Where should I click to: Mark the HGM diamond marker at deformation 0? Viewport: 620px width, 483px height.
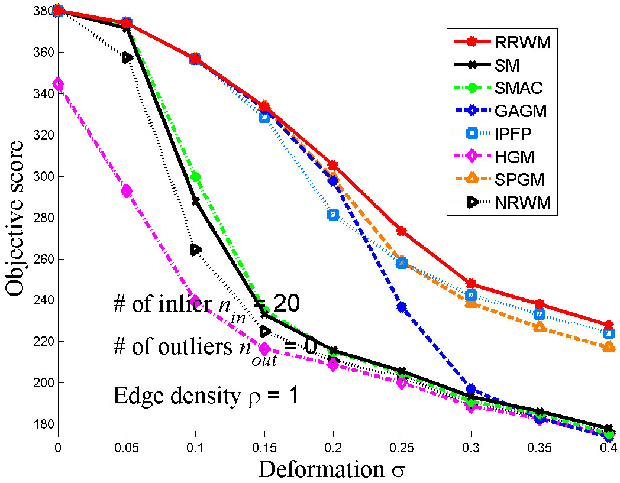point(58,85)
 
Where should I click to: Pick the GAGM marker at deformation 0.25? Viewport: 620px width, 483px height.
point(402,307)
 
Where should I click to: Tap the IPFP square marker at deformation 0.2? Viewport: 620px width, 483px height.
point(333,215)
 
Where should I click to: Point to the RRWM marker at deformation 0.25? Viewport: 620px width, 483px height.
point(402,231)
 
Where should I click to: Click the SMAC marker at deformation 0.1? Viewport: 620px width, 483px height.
point(195,177)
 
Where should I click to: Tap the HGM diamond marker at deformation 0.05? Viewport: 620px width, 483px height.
point(127,191)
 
